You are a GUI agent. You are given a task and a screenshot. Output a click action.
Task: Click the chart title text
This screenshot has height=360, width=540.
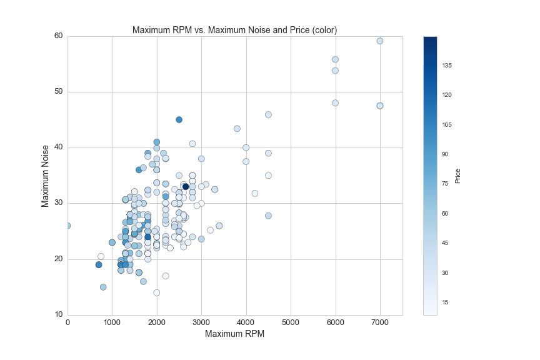(234, 30)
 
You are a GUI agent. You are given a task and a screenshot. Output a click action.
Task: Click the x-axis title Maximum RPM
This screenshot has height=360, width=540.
(234, 334)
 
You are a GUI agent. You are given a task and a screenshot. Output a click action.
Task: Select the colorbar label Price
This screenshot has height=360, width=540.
(457, 176)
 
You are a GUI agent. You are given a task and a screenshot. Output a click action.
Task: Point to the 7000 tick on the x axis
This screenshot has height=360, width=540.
(379, 322)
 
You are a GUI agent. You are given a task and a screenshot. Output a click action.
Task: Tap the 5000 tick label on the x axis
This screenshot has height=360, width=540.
(291, 322)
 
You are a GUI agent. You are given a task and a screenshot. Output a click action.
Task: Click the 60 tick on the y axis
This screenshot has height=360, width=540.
(58, 36)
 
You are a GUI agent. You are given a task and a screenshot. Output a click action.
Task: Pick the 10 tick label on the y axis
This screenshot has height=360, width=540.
(58, 314)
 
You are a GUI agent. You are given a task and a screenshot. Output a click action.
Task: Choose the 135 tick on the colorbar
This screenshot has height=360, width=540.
(447, 66)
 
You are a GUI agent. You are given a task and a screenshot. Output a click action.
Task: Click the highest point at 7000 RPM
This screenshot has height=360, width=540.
(379, 41)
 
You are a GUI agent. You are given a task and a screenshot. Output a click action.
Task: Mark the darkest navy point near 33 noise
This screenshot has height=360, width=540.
(186, 186)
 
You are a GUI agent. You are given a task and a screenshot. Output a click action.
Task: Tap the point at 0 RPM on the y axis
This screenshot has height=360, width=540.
(67, 226)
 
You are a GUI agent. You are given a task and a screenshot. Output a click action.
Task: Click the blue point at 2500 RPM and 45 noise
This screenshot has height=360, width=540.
(179, 119)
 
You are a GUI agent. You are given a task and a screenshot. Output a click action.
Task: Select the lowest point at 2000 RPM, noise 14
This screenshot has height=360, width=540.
(157, 292)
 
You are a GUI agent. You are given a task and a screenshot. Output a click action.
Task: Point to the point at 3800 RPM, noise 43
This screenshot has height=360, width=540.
(237, 129)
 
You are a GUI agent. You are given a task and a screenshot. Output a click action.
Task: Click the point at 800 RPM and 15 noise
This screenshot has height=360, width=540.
(103, 287)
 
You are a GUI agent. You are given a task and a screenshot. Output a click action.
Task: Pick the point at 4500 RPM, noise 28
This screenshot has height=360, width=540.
(268, 216)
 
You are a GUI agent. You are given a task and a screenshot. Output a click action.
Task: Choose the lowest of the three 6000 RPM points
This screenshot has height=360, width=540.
(335, 102)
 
